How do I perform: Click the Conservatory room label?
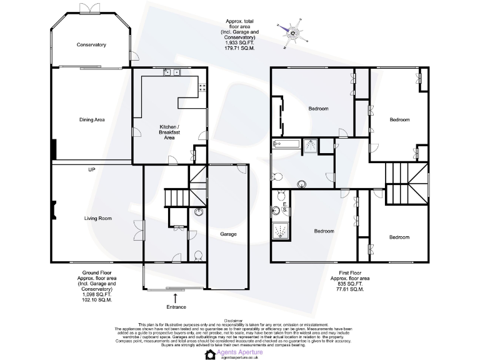pos(91,44)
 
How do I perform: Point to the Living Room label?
pos(98,218)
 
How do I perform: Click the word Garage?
pos(228,234)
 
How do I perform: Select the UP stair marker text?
pos(91,169)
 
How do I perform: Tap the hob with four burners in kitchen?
pos(202,88)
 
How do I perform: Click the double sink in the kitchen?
pos(172,72)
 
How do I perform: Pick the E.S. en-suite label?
pos(284,207)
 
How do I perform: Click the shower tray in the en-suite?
pos(281,231)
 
